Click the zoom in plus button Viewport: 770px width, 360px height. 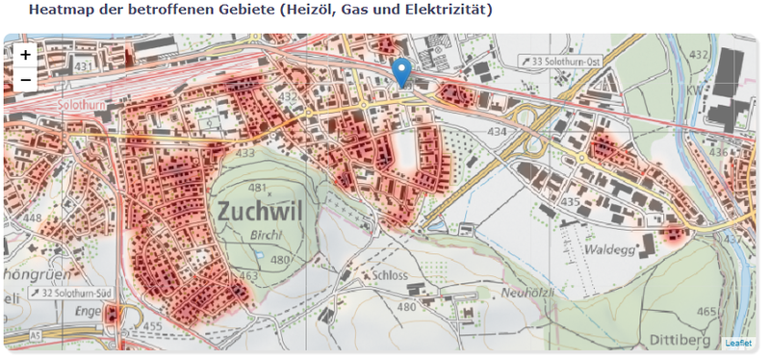click(25, 56)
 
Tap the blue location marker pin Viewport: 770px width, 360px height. click(403, 71)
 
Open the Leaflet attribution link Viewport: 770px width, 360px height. click(738, 343)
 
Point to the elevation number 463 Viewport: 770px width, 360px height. click(249, 277)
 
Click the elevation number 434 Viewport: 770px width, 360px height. click(497, 130)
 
